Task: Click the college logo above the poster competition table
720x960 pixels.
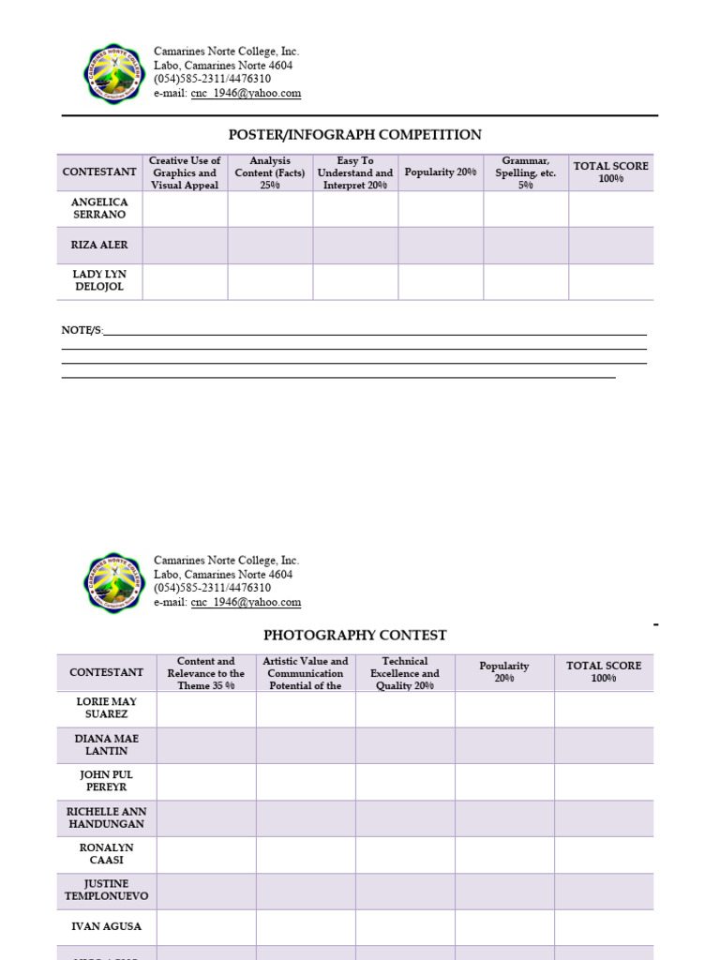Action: tap(112, 72)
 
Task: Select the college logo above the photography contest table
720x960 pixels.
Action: tap(112, 581)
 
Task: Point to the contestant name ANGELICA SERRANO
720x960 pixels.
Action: tap(99, 208)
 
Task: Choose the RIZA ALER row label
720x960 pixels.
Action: tap(99, 245)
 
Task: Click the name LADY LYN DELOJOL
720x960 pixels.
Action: tap(99, 280)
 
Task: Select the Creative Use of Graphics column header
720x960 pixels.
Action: tap(185, 172)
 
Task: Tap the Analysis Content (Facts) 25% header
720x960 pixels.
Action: tap(270, 172)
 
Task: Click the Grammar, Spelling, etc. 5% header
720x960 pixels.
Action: tap(526, 172)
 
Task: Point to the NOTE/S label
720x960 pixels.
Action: tap(82, 330)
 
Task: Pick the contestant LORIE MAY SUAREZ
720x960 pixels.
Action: tap(106, 708)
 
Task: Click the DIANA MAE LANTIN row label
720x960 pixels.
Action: tap(106, 744)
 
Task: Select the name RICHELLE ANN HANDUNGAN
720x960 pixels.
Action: tap(106, 817)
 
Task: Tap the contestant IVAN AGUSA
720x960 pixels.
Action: tap(106, 926)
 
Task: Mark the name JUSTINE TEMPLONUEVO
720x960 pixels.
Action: tap(106, 890)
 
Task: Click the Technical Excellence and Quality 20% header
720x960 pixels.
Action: tap(405, 673)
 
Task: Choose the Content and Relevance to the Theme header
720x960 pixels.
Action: tap(206, 673)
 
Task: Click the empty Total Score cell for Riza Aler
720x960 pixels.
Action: tap(610, 245)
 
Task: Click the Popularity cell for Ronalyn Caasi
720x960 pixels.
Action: tap(504, 854)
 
